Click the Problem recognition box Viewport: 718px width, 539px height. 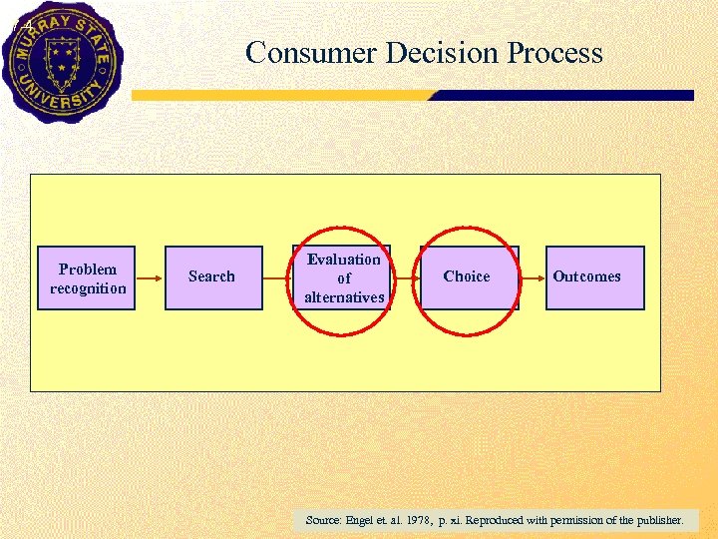coord(87,278)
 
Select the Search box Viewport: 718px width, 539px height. coord(212,277)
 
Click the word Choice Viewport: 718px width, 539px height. coord(467,276)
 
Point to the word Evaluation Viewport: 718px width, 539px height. coord(344,260)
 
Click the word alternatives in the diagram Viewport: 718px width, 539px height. coord(344,297)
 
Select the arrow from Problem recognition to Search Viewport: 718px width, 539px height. coord(150,278)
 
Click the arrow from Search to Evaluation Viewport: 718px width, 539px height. coord(277,278)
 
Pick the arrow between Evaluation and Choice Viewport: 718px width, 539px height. coord(404,278)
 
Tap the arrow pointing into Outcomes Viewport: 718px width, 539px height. coord(533,278)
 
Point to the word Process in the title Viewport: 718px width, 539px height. coord(554,53)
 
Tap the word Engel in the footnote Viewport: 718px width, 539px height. coord(362,520)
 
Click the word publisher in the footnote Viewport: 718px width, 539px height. coord(657,520)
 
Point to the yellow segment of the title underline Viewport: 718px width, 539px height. coord(279,96)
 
